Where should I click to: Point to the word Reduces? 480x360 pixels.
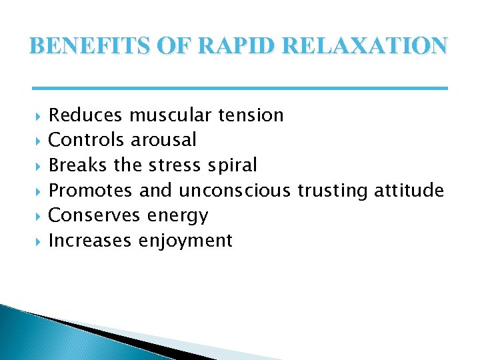click(86, 115)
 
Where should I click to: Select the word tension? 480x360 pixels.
click(251, 115)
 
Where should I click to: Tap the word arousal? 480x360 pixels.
click(163, 140)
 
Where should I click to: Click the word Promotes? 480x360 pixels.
click(91, 191)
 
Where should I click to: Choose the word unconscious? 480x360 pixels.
click(235, 191)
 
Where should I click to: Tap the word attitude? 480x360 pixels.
click(409, 191)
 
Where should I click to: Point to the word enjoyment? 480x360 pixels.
click(185, 241)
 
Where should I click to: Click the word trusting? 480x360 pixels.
click(332, 191)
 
